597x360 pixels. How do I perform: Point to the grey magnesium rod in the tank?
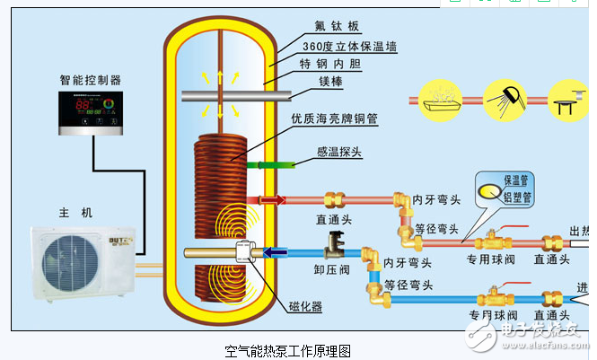[x=224, y=96]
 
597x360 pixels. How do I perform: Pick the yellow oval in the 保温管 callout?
[x=492, y=189]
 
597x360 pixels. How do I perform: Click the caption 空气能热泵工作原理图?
[x=286, y=349]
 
